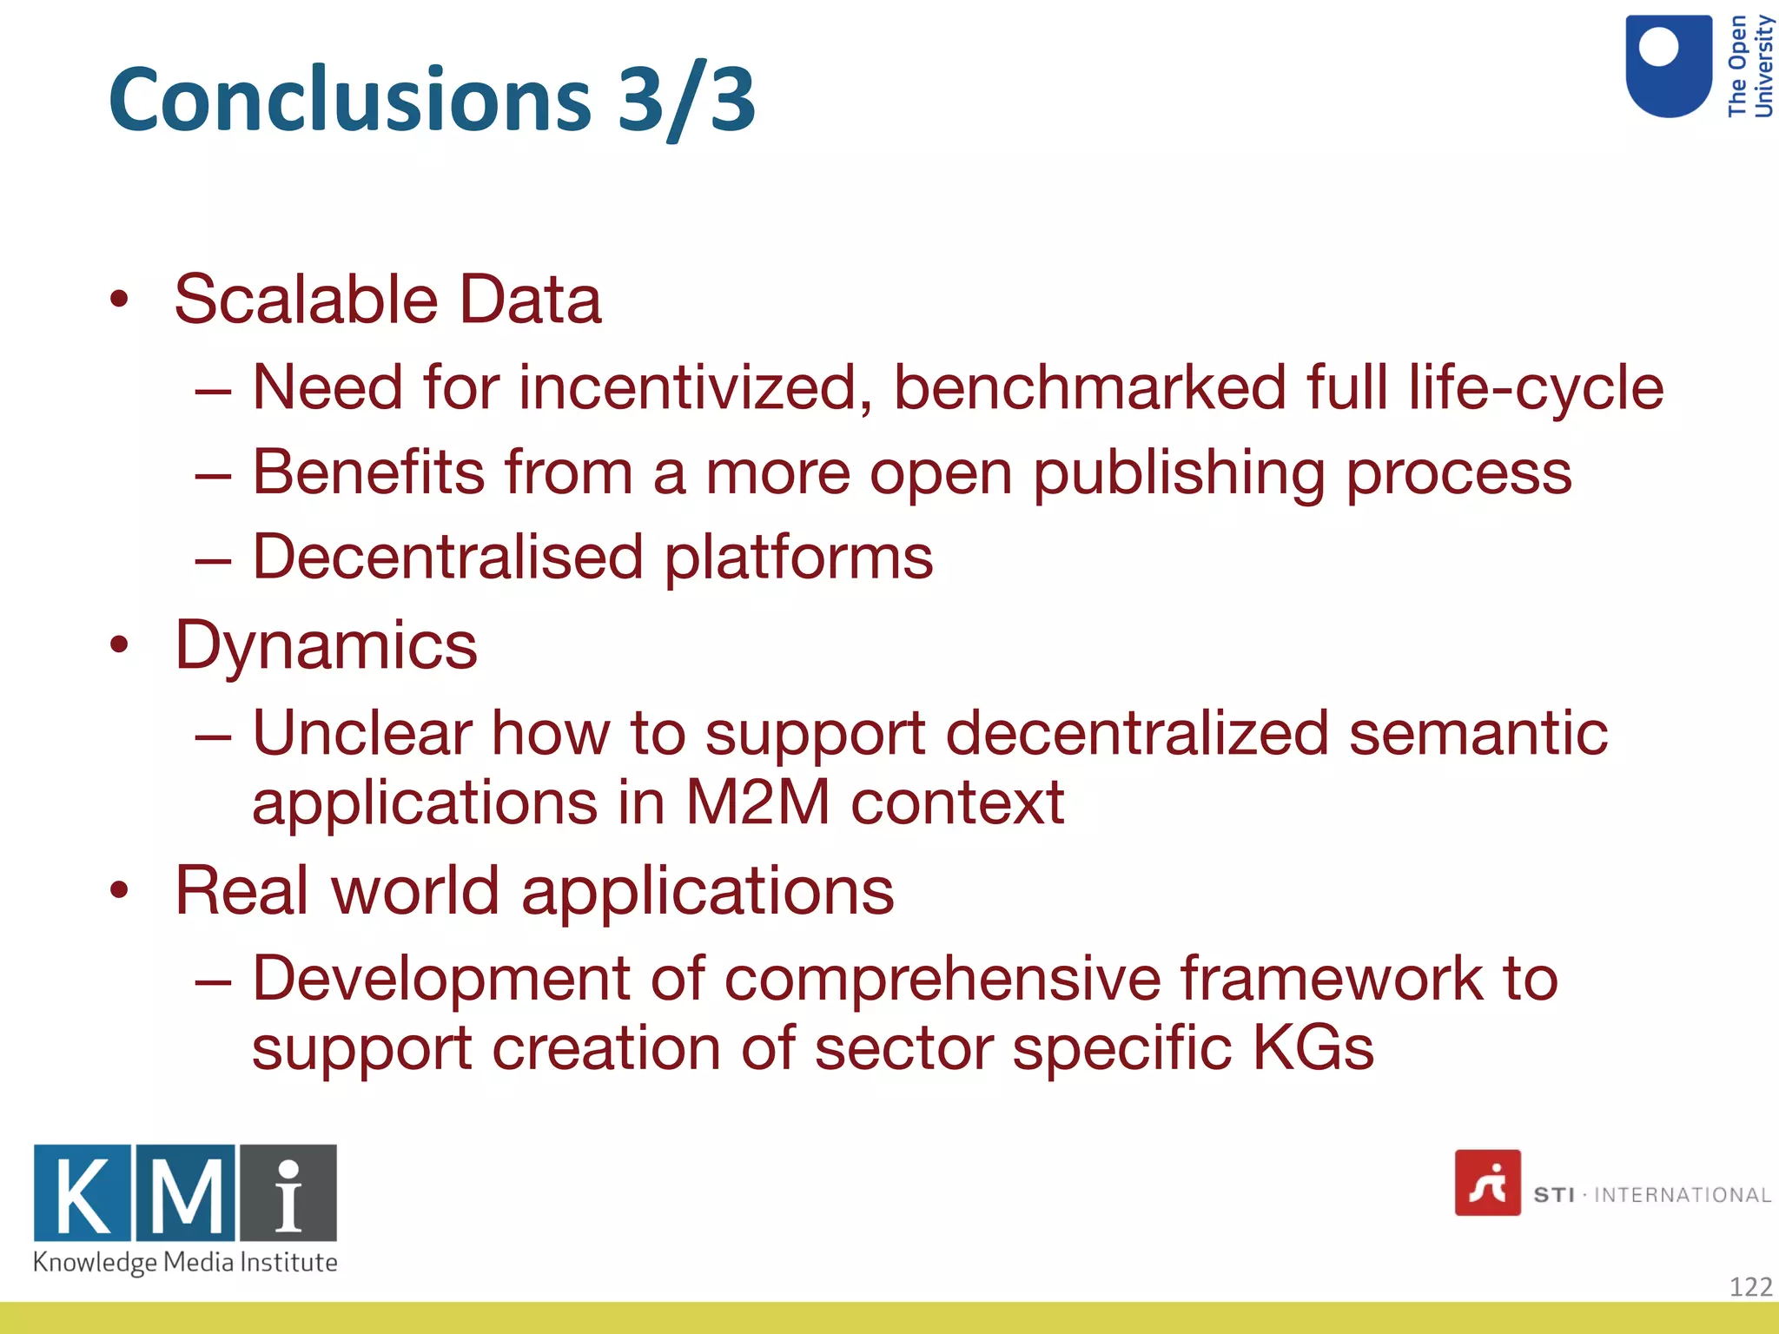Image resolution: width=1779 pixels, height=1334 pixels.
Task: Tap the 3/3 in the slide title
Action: (x=686, y=100)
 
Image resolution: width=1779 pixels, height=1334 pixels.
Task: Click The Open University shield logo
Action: (x=1668, y=66)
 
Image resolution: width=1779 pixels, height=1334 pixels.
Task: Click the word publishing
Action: (x=1179, y=473)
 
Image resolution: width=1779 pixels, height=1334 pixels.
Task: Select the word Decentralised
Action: (x=447, y=557)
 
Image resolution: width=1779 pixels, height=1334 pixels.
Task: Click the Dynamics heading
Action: (x=326, y=645)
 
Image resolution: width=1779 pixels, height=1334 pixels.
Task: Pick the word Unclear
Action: (x=362, y=733)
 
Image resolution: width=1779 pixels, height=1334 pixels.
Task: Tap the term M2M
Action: (x=757, y=802)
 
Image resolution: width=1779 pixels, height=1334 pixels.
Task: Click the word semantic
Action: (x=1478, y=733)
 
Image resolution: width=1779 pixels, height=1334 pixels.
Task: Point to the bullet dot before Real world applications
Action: (x=120, y=890)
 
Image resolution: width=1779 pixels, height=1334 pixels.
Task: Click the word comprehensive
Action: (x=942, y=979)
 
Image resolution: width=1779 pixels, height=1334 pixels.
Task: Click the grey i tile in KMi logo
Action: (x=288, y=1192)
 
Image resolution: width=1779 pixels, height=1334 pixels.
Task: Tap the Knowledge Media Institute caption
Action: (x=185, y=1262)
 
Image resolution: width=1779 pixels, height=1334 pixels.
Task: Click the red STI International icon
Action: (x=1487, y=1183)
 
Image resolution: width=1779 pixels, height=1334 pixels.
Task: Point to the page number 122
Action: (x=1749, y=1286)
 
